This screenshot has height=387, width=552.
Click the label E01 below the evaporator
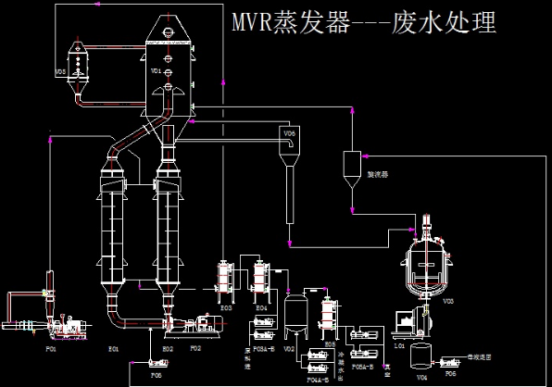tap(113, 348)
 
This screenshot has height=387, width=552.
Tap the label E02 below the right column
tap(168, 348)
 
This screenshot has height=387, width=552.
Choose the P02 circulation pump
tap(199, 324)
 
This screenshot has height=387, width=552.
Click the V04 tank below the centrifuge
tap(421, 356)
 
